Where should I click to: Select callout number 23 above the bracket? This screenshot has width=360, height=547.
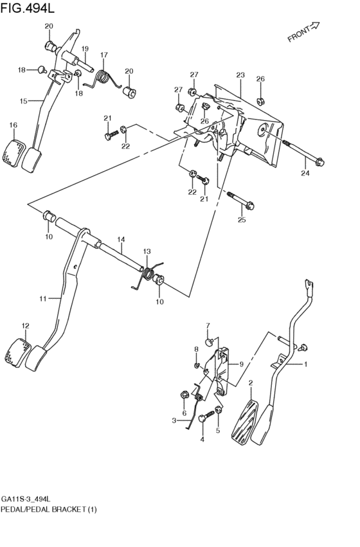point(240,75)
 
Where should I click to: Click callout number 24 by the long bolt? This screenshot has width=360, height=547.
point(305,172)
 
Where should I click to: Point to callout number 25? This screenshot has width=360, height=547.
point(242,220)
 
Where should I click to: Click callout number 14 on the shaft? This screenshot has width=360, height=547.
point(120,240)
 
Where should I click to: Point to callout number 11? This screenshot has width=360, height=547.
point(43,298)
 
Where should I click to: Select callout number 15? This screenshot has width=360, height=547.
point(23,101)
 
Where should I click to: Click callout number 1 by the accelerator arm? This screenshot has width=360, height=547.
point(306,364)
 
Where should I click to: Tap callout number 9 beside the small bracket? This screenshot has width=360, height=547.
point(241,364)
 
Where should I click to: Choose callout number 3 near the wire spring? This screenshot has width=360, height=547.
point(173,420)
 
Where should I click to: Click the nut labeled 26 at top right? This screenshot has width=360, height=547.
point(260,100)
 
